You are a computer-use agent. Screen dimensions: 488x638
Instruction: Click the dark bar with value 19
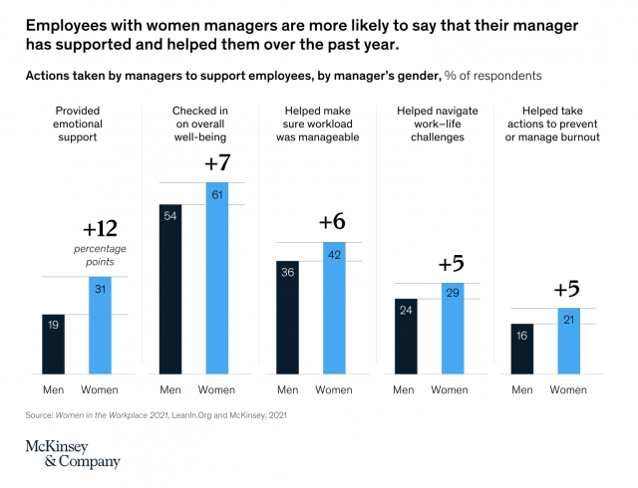click(53, 344)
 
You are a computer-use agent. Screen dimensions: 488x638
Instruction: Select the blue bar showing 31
click(100, 325)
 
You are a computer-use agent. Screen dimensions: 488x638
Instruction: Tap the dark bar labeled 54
click(170, 289)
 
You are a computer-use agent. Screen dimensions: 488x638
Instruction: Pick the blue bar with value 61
click(217, 278)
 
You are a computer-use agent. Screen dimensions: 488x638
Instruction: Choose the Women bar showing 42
click(334, 308)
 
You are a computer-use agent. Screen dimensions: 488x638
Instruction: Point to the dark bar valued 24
click(405, 336)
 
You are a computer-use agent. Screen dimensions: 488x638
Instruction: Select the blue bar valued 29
click(452, 328)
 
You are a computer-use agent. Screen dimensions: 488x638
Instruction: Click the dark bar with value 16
click(521, 349)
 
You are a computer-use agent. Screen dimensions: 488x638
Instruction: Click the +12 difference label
click(100, 231)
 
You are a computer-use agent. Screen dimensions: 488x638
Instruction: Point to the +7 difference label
click(217, 163)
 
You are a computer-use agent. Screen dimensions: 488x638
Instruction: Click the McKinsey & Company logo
click(72, 453)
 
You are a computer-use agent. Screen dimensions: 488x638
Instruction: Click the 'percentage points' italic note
click(100, 254)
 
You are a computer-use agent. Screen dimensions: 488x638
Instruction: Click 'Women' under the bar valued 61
click(217, 389)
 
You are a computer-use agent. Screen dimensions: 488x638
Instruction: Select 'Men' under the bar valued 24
click(405, 389)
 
